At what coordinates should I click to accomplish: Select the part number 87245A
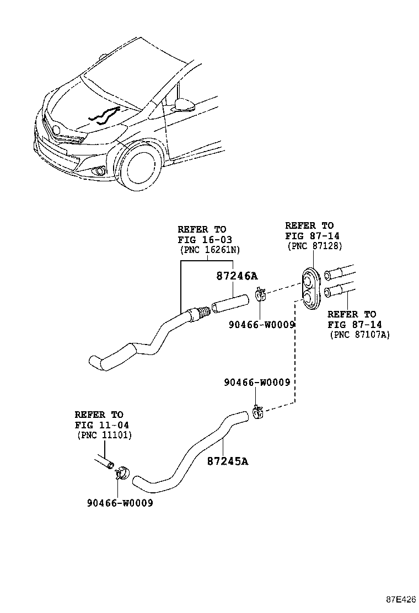[228, 461]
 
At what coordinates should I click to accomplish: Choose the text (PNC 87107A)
[359, 335]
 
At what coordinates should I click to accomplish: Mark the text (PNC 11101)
[103, 435]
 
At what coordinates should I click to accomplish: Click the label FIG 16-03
[205, 239]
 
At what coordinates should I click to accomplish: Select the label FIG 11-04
[99, 424]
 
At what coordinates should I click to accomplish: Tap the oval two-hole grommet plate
[311, 288]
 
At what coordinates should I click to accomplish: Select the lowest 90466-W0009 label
[120, 503]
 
